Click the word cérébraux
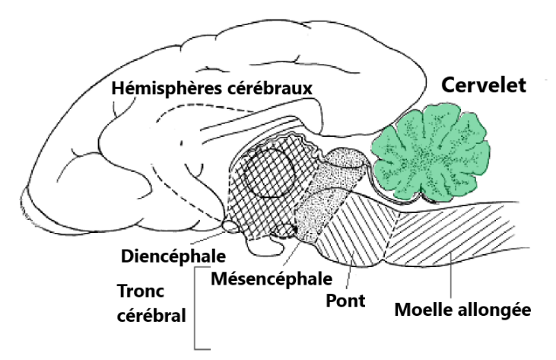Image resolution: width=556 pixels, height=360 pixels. [x=270, y=88]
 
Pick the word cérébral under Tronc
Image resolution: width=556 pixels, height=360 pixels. [x=151, y=314]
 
